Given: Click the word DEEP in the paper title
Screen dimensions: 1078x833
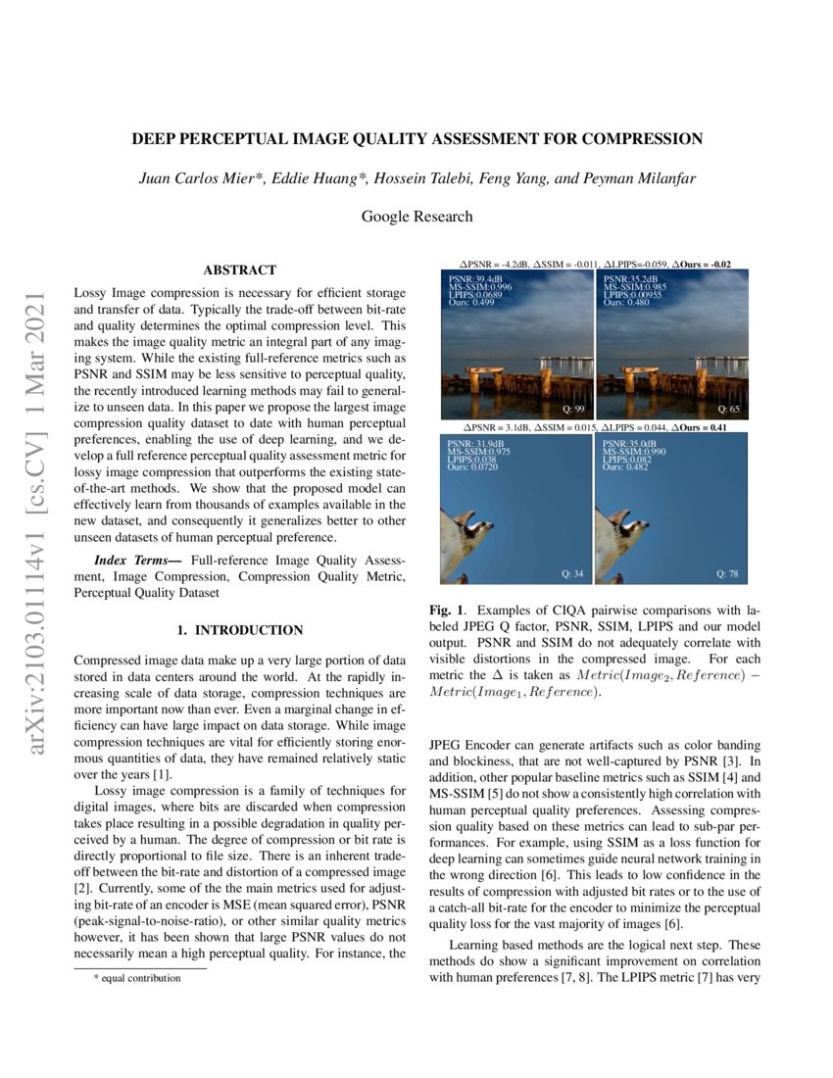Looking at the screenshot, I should click(153, 139).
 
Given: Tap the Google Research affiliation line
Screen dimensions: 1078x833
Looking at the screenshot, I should click(416, 217).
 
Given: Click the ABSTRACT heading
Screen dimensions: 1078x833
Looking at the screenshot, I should click(239, 269).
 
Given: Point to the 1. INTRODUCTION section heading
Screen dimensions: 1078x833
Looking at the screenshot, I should click(239, 629).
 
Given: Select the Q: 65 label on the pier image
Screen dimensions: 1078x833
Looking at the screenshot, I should click(729, 408).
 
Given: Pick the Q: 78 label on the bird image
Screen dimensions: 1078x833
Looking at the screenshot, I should click(729, 573).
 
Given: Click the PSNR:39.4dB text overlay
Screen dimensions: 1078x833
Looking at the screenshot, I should click(474, 279).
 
